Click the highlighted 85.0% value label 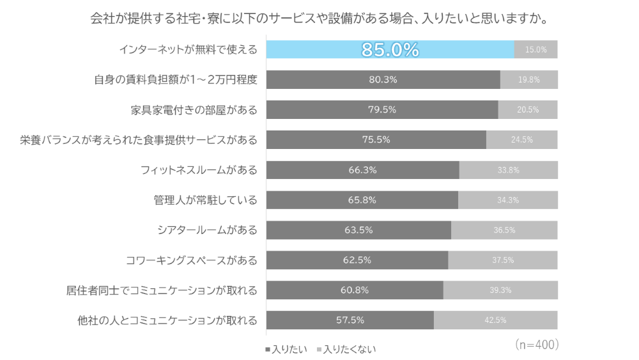[390, 50]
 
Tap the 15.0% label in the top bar [535, 50]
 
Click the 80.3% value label [383, 80]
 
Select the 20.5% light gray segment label [528, 110]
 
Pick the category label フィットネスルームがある [199, 170]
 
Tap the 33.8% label [508, 170]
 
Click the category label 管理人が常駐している [205, 200]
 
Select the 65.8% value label [362, 200]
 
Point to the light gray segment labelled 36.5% [504, 230]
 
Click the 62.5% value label [357, 260]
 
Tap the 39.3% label [500, 290]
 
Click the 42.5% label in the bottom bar [495, 320]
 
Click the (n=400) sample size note [537, 345]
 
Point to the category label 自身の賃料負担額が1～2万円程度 [175, 80]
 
